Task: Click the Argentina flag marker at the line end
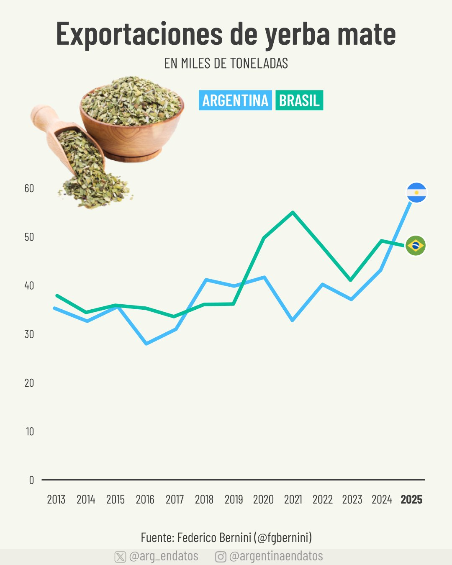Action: coord(416,193)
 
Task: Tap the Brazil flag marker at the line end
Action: coord(416,245)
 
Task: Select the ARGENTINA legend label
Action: coord(235,100)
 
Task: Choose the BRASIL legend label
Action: coord(299,100)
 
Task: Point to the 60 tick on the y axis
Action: coord(29,188)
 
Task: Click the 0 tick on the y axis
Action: coord(31,480)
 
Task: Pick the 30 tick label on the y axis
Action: coord(29,334)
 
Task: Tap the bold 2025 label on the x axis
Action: coord(411,500)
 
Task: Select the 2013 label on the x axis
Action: coord(56,500)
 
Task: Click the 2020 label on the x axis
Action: coord(263,500)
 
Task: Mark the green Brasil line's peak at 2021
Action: coord(293,213)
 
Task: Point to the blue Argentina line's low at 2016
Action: coord(146,344)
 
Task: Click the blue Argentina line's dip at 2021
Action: coord(293,320)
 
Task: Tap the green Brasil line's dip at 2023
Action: coord(351,280)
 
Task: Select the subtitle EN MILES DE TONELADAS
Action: coord(226,64)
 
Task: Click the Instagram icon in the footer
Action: coord(221,557)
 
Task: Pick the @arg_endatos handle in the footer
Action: coord(164,556)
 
